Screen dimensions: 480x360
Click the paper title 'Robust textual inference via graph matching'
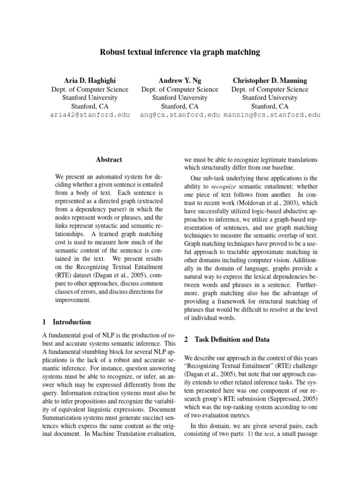click(180, 52)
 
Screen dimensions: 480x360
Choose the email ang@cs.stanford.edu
click(180, 115)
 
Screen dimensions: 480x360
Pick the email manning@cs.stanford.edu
click(272, 115)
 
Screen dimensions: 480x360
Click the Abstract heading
click(109, 160)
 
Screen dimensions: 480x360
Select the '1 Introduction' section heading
click(67, 322)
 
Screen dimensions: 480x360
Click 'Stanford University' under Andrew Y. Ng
click(180, 97)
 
